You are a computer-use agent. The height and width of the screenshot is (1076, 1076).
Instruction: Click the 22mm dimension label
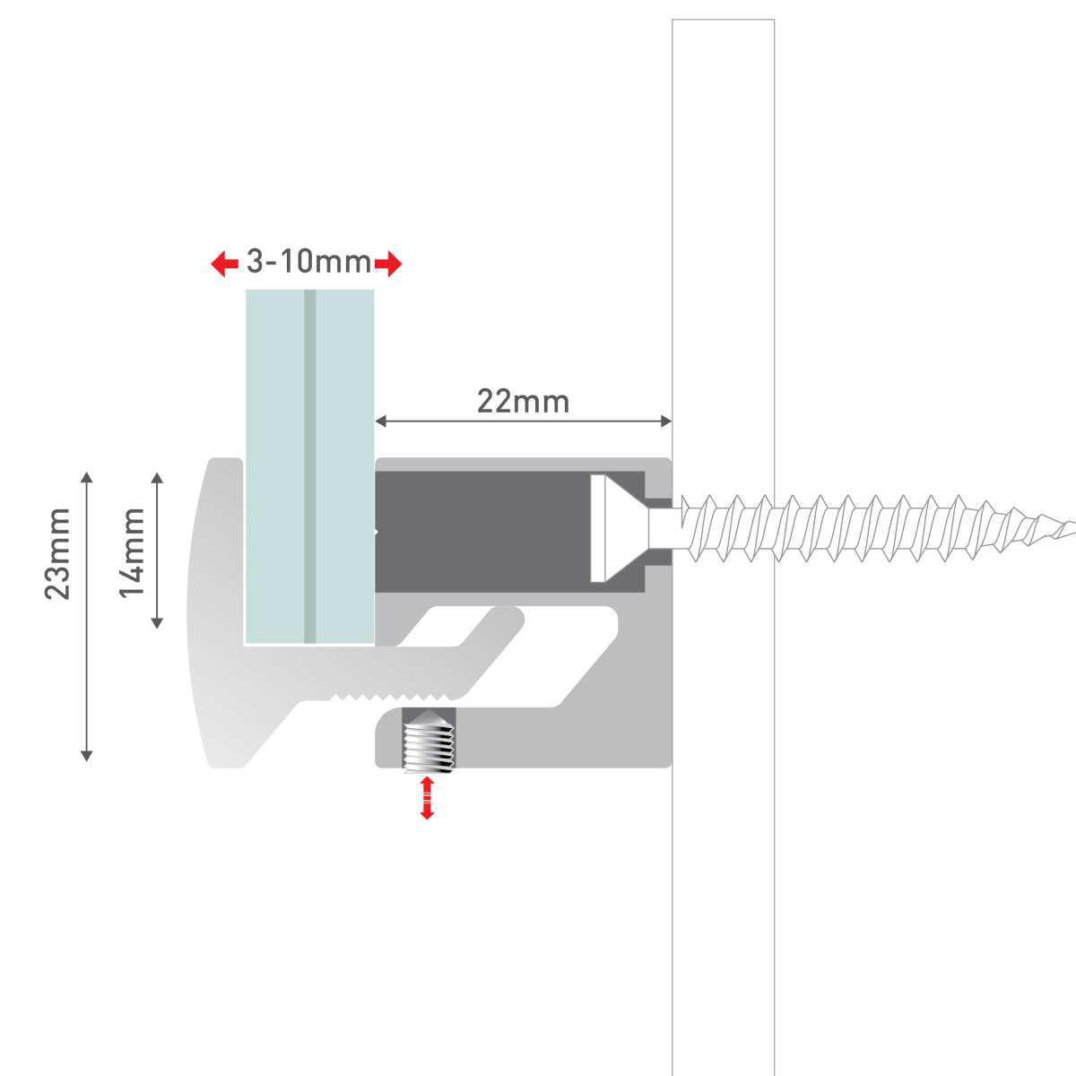click(523, 401)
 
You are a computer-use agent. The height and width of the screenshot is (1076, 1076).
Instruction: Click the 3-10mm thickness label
click(308, 263)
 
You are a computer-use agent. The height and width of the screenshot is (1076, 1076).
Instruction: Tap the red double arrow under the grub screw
click(428, 797)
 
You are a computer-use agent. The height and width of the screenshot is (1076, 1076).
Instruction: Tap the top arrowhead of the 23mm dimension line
click(87, 477)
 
